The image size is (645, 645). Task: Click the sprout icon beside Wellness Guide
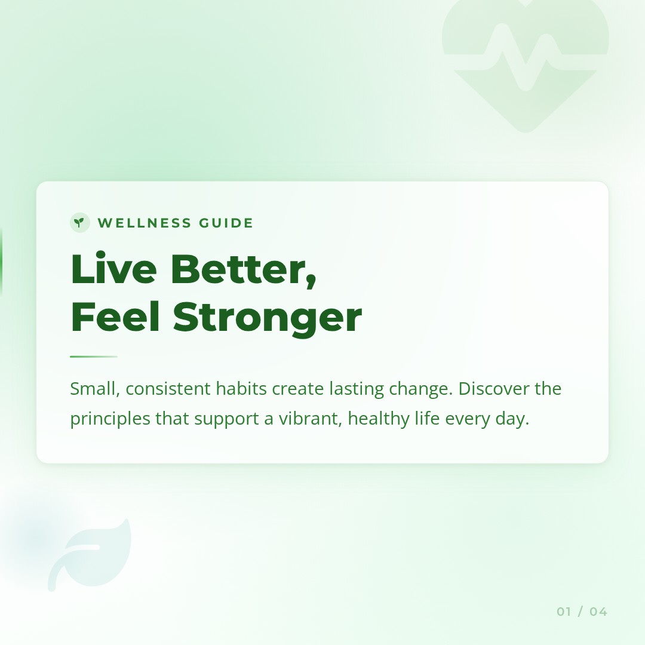(x=79, y=223)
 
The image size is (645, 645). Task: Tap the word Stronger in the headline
(x=268, y=318)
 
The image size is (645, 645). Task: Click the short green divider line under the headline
(x=94, y=357)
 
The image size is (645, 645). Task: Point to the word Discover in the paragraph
(x=493, y=389)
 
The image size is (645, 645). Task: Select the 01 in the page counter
(x=564, y=612)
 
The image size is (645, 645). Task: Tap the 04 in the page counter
(x=598, y=612)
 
